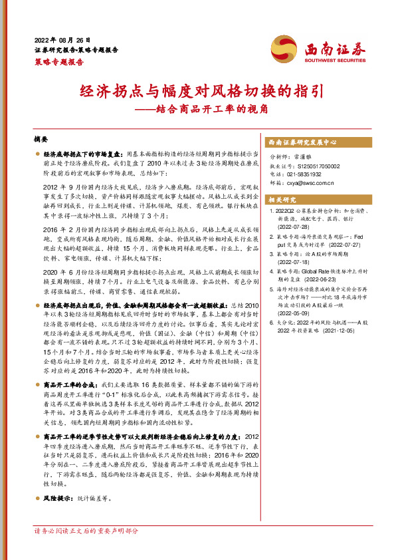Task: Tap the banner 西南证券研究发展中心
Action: click(x=302, y=142)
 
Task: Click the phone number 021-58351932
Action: click(x=307, y=174)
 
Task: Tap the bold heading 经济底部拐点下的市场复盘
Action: click(x=82, y=154)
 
